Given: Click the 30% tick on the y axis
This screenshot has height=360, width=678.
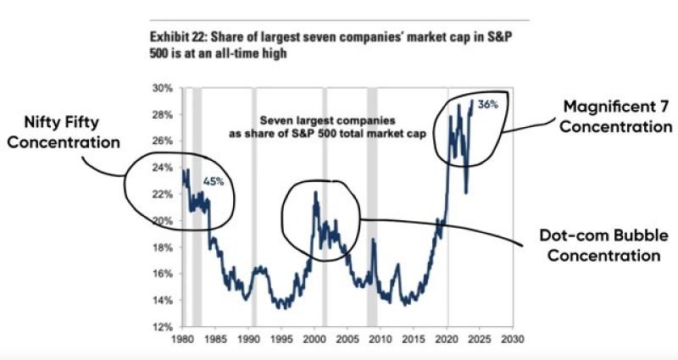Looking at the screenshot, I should [162, 88].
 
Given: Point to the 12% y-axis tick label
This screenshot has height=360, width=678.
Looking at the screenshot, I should [162, 327].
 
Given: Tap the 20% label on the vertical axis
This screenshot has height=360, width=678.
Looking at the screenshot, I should [162, 221].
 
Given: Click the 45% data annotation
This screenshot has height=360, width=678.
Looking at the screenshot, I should [213, 181].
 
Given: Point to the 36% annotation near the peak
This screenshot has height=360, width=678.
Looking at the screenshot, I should [487, 104].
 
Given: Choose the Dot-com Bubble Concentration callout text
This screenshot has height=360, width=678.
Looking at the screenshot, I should [591, 245].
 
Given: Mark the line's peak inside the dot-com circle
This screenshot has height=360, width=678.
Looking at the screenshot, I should [315, 193].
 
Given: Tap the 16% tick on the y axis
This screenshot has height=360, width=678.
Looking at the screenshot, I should [162, 274].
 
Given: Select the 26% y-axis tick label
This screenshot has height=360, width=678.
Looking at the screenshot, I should [162, 141].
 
